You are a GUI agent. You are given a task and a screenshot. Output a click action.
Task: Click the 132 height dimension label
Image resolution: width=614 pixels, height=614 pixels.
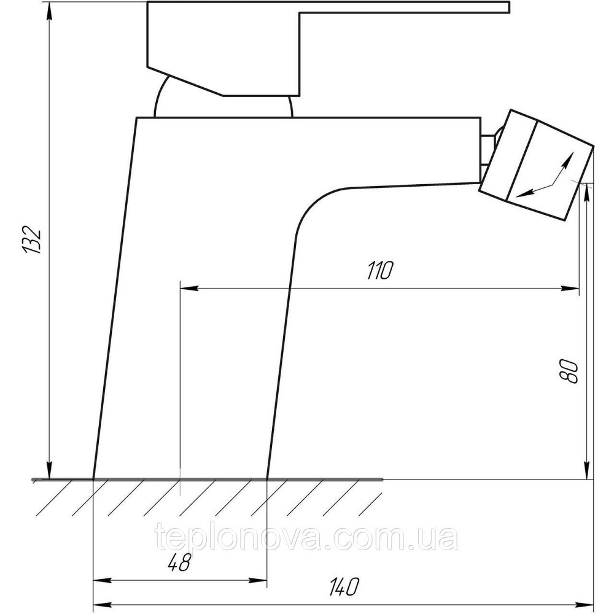(32, 240)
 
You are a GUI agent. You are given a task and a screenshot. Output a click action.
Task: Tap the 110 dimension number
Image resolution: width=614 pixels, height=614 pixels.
(379, 271)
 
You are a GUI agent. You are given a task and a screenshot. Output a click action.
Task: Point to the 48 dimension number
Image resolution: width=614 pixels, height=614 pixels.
(179, 563)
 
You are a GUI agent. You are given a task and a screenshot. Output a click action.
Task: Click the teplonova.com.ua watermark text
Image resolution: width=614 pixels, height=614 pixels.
(306, 537)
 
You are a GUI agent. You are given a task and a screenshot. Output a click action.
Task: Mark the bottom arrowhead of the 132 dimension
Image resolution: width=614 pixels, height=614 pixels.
(50, 470)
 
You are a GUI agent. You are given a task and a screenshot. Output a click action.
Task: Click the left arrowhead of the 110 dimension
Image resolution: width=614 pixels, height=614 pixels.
(189, 289)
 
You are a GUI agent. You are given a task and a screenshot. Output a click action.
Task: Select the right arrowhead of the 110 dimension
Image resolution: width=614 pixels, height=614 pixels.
(570, 289)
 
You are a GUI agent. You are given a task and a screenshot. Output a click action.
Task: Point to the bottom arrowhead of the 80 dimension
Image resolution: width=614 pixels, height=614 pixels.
(586, 470)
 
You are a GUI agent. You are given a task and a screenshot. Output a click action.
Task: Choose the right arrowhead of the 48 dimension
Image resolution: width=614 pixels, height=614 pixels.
(258, 581)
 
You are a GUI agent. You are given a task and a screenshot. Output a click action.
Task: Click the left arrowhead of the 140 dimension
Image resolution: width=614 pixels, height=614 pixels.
(103, 604)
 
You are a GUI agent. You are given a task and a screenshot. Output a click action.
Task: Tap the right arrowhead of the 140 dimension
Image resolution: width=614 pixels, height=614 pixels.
(585, 604)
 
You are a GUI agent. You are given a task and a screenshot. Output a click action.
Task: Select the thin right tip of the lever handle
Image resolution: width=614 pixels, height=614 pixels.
(508, 7)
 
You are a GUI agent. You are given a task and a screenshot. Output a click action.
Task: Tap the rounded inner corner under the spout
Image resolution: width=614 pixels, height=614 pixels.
(313, 203)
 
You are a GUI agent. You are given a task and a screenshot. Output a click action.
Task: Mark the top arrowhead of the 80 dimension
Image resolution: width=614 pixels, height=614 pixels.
(586, 193)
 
